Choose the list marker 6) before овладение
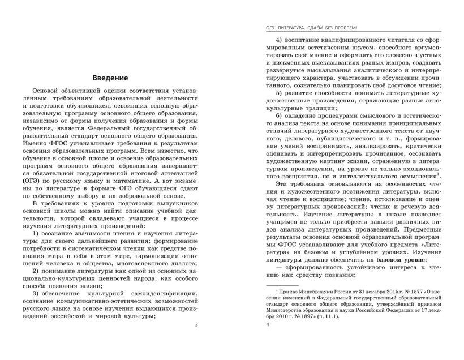[x=280, y=115]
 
